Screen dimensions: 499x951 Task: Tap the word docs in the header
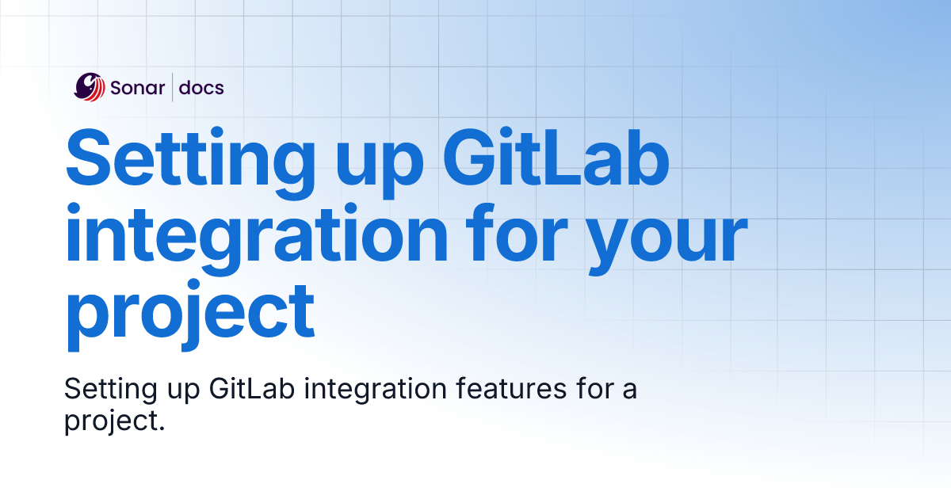pos(201,88)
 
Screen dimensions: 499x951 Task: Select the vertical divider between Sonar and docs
pos(172,87)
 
